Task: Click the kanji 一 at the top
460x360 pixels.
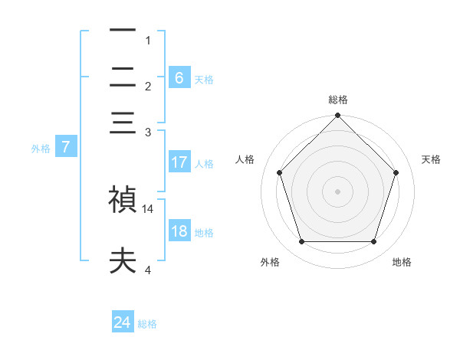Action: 123,31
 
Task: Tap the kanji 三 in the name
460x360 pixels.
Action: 123,123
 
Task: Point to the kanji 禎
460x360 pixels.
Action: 123,200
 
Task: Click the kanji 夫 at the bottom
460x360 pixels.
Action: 123,262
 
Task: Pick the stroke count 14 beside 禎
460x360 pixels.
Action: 149,208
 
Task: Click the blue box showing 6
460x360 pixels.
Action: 179,78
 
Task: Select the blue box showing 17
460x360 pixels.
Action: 179,162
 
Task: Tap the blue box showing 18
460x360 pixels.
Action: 179,232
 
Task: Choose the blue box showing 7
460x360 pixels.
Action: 66,148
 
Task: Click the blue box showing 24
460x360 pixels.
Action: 123,323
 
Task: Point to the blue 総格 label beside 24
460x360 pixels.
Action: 147,324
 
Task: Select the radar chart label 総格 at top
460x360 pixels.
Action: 338,100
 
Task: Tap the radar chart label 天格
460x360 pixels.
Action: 432,159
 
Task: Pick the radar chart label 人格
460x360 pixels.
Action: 245,159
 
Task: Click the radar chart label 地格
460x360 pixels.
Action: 402,263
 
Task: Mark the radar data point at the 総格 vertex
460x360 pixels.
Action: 338,116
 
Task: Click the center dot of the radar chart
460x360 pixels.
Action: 338,191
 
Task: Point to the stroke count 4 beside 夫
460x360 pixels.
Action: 149,270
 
